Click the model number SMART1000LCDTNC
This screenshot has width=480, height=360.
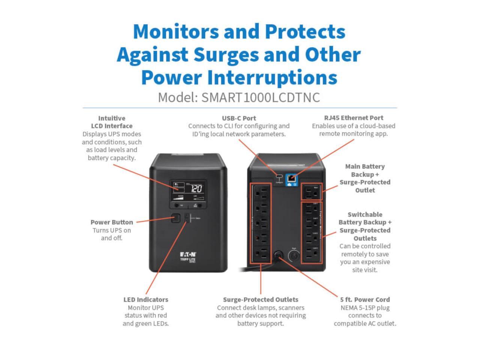[260, 97]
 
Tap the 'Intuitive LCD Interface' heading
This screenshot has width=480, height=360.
[112, 122]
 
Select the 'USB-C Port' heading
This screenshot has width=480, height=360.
[239, 118]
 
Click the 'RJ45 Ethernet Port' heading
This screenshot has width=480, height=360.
[354, 118]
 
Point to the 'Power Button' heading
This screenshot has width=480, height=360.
[112, 222]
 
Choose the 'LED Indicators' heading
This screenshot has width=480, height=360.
[145, 300]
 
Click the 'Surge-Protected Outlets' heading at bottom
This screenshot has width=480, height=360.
[261, 300]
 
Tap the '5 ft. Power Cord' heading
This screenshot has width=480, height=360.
[365, 300]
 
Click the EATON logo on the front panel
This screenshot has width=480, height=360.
[188, 254]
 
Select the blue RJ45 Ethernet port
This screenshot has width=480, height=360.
[291, 179]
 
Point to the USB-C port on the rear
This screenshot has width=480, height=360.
[278, 177]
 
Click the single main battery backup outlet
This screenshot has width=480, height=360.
[312, 192]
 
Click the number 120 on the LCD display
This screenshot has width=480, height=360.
[196, 189]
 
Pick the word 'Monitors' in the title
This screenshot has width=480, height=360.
[175, 31]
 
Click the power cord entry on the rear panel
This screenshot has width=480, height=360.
[278, 255]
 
